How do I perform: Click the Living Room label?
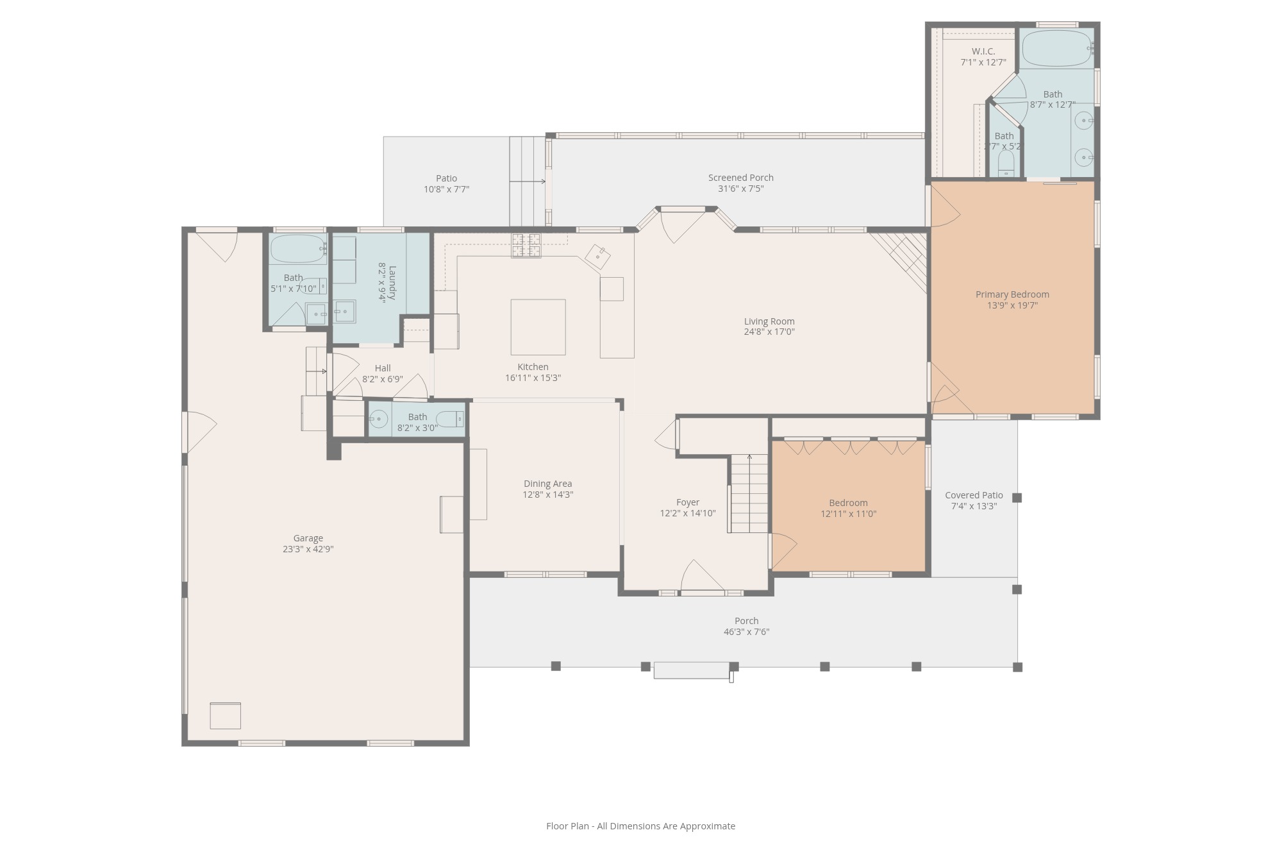click(x=769, y=321)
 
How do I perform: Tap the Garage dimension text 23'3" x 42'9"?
click(x=308, y=549)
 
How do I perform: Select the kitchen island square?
click(x=538, y=327)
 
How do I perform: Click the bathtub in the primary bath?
click(x=1056, y=49)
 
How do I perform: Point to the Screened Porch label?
click(x=741, y=178)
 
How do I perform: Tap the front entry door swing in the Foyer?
click(x=703, y=576)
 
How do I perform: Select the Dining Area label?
click(x=548, y=484)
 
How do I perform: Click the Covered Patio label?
click(x=974, y=495)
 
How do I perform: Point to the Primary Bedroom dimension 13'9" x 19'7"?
click(x=1013, y=305)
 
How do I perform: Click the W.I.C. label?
click(x=983, y=51)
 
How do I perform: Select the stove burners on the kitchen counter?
click(x=526, y=246)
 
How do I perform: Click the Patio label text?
click(x=447, y=178)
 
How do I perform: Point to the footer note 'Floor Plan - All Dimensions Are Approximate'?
click(x=641, y=826)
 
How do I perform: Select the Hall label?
click(x=383, y=368)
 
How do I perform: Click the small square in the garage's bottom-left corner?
click(x=226, y=716)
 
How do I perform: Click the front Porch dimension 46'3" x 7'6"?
click(x=747, y=632)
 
